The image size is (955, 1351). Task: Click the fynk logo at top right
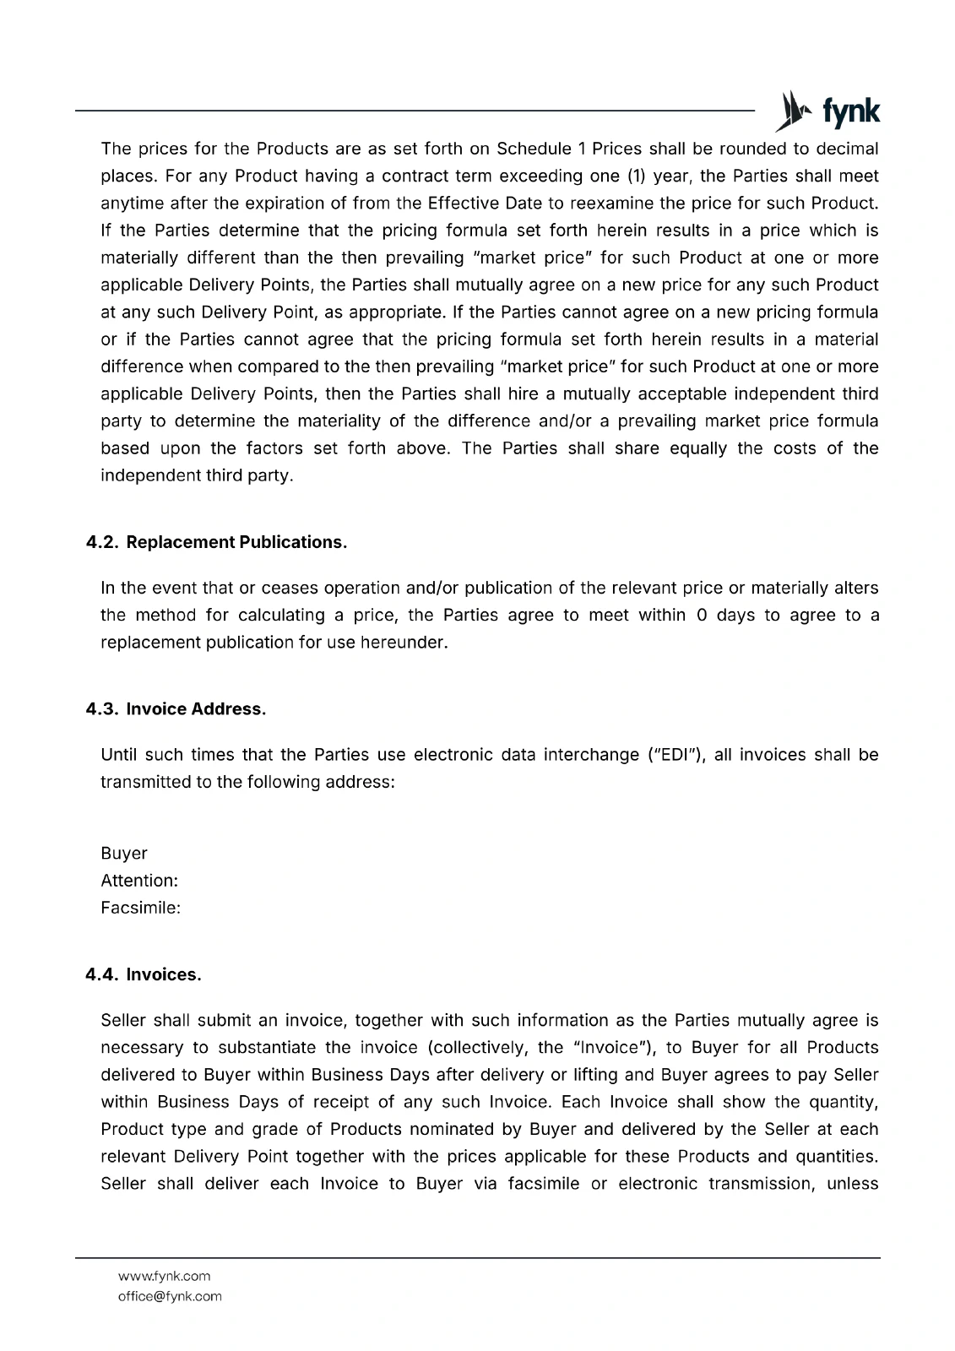[827, 111]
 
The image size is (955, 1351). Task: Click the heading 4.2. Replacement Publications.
[216, 542]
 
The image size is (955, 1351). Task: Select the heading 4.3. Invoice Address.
[176, 709]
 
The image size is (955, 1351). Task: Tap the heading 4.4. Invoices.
[144, 975]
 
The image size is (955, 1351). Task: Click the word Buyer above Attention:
[124, 854]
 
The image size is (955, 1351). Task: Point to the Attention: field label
[139, 881]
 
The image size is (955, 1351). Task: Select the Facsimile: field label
[141, 909]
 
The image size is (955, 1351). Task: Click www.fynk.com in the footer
[164, 1276]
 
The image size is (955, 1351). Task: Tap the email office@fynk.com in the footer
[170, 1296]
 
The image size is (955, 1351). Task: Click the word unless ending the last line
[853, 1184]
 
